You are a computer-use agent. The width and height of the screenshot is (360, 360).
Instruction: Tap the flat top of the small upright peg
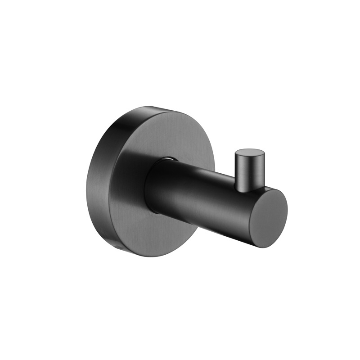click(x=249, y=151)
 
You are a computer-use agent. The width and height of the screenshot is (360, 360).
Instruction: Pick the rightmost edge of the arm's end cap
click(x=287, y=211)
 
